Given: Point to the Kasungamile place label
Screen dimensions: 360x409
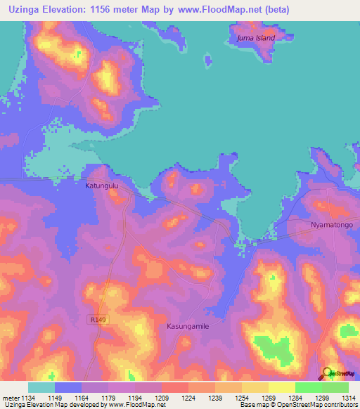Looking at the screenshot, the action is [x=188, y=327].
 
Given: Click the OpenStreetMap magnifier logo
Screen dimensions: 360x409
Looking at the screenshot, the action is [x=327, y=372].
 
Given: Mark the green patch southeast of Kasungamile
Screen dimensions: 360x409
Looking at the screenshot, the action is [x=272, y=347].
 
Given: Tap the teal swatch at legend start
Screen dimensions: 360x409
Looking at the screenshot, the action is [x=41, y=387].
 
